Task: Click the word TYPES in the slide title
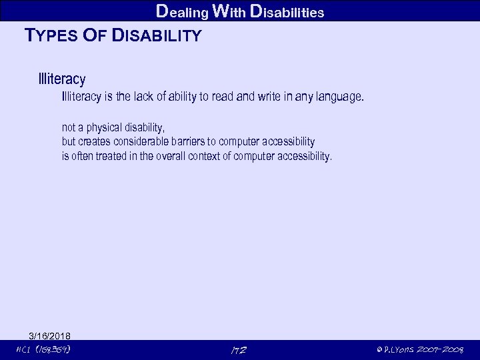click(x=51, y=36)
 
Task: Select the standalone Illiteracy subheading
click(x=62, y=80)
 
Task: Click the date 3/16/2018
click(x=50, y=335)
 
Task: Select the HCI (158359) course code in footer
click(x=44, y=350)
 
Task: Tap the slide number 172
click(x=238, y=350)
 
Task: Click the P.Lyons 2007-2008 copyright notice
click(x=419, y=350)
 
